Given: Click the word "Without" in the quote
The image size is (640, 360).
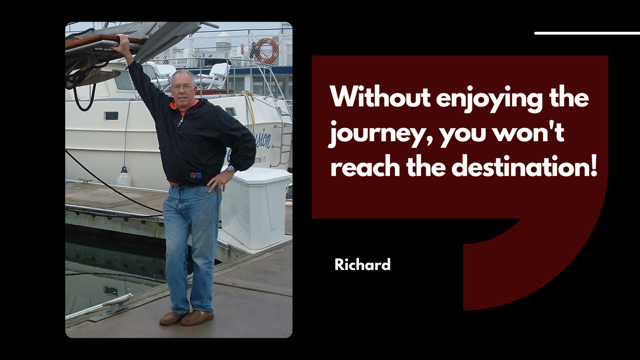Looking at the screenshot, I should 380,97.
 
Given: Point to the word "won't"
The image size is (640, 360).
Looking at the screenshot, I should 528,132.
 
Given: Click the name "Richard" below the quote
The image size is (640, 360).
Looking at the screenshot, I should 362,264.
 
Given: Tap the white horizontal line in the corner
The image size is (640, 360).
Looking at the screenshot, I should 587,33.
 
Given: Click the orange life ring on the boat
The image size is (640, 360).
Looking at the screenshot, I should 268,51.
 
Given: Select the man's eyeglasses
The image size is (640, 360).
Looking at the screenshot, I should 182,87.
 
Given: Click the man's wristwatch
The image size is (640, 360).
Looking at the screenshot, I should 230,168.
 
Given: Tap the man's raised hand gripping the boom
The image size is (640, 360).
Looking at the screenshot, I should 122,43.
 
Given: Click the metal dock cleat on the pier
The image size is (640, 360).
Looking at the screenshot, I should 118,302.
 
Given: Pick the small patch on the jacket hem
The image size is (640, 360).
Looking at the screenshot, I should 196,175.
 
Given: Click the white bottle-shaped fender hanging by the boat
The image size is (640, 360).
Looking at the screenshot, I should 124,177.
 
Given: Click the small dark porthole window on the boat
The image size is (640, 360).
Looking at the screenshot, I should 111,116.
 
